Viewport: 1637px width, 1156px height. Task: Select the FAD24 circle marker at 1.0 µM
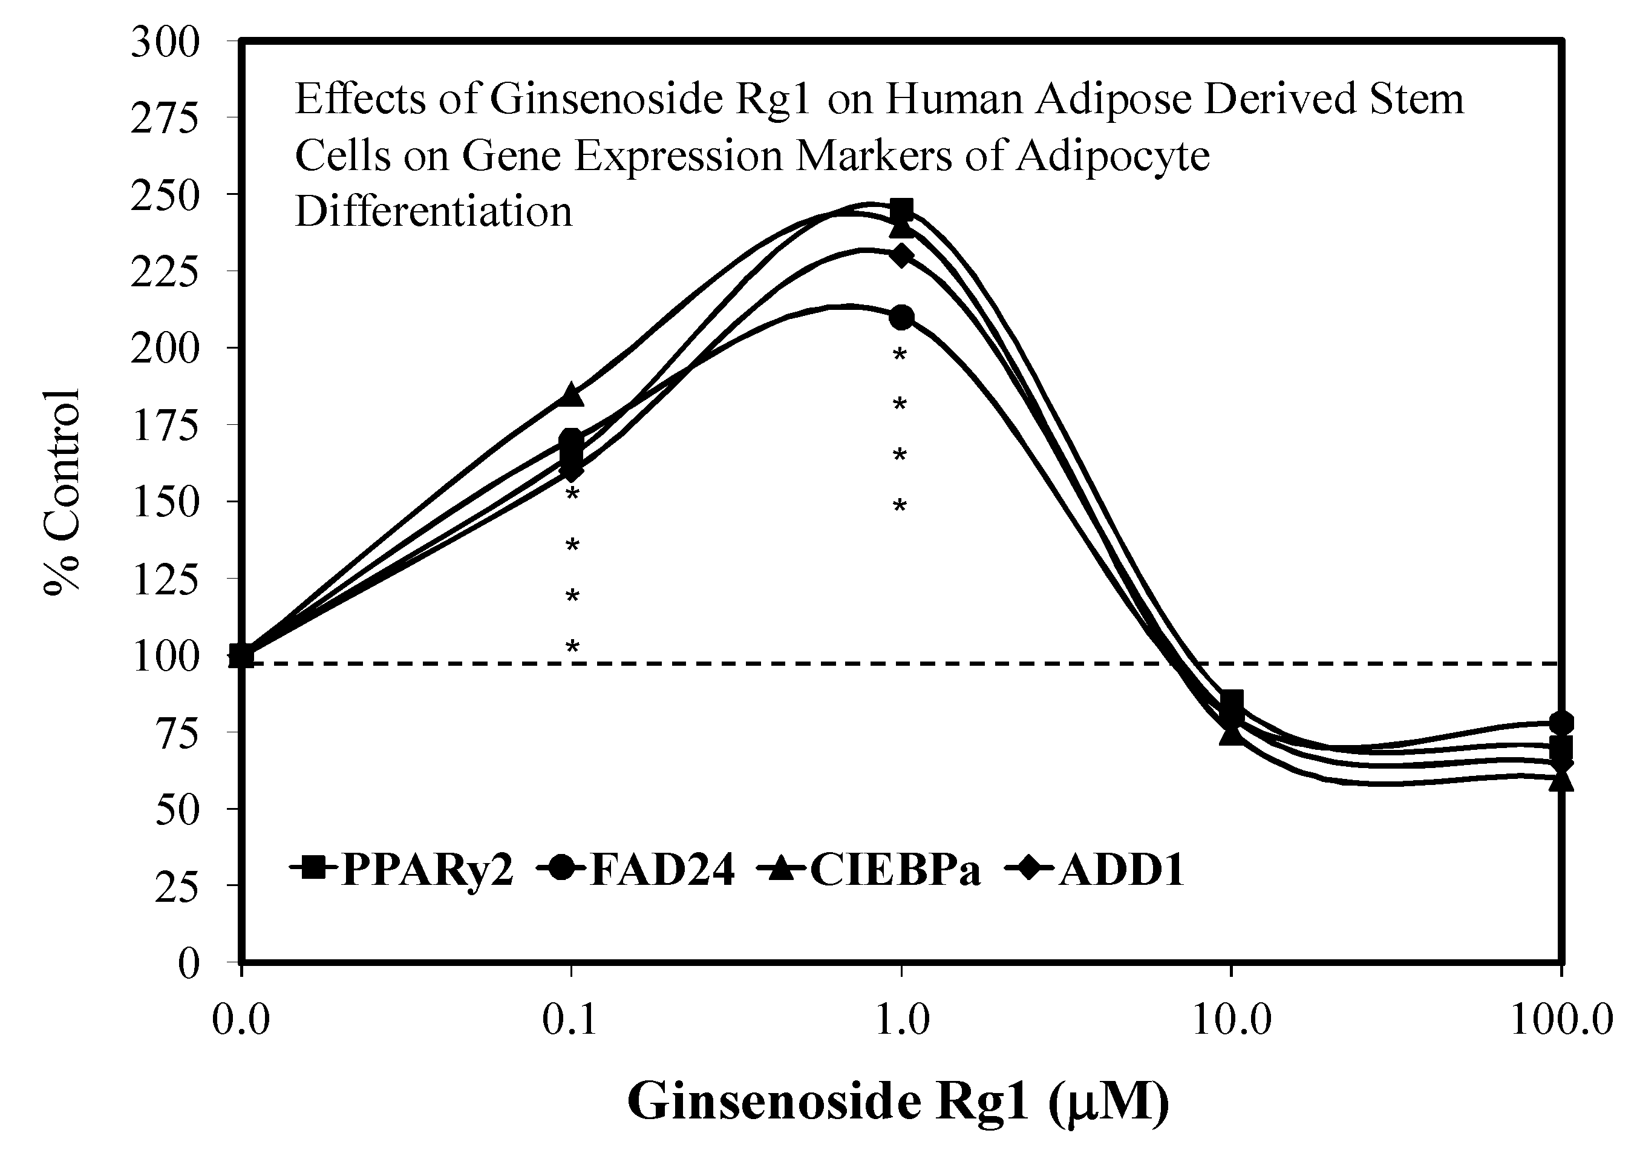click(902, 317)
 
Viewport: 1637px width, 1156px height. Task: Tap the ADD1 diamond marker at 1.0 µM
click(902, 255)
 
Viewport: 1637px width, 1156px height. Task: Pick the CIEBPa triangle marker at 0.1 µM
click(571, 395)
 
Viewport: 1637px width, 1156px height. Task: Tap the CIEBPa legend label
click(895, 870)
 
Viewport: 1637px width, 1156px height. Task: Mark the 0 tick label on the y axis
click(188, 963)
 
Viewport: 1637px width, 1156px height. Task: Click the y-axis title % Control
click(63, 492)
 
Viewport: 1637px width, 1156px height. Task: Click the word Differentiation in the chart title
click(434, 212)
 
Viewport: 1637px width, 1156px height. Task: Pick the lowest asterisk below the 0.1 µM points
click(572, 647)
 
